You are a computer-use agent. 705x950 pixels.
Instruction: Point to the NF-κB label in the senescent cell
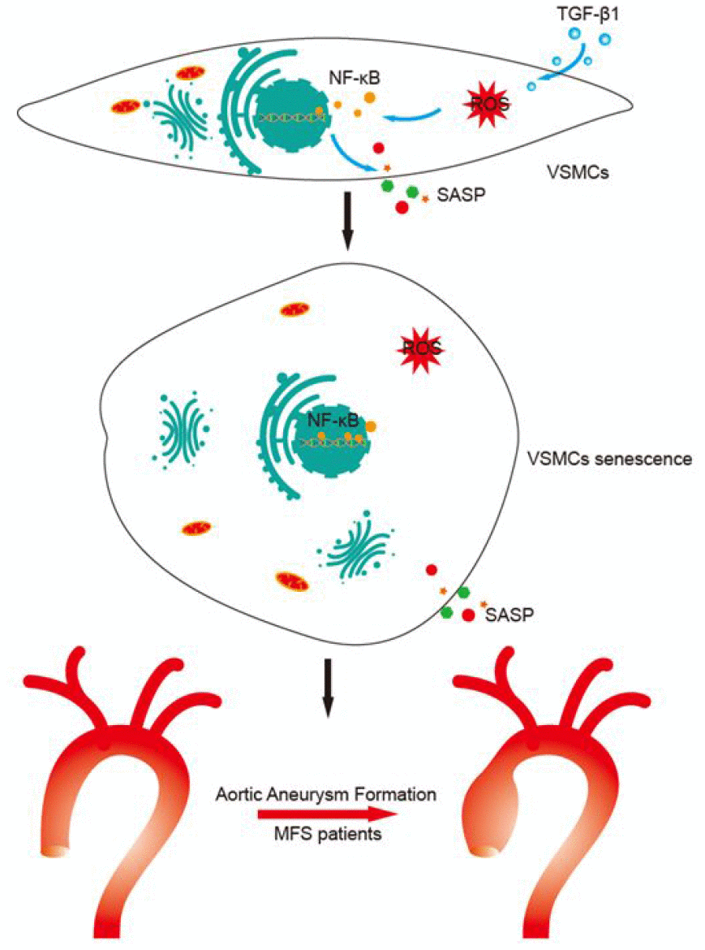click(x=333, y=420)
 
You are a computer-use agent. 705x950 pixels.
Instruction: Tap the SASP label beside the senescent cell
click(x=511, y=615)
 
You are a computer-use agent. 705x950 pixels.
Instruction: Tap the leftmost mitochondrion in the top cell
click(x=127, y=106)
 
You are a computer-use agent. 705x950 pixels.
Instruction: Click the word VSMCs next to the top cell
click(x=575, y=172)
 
